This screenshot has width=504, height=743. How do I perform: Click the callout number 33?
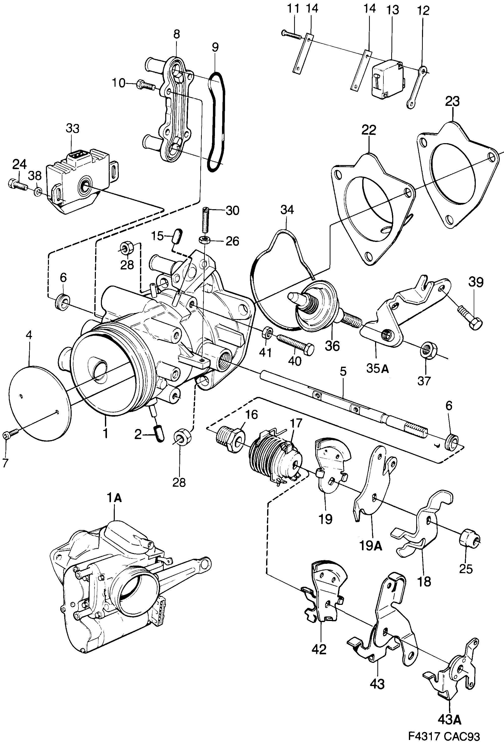[73, 129]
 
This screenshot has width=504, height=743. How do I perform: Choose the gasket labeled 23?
[458, 175]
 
